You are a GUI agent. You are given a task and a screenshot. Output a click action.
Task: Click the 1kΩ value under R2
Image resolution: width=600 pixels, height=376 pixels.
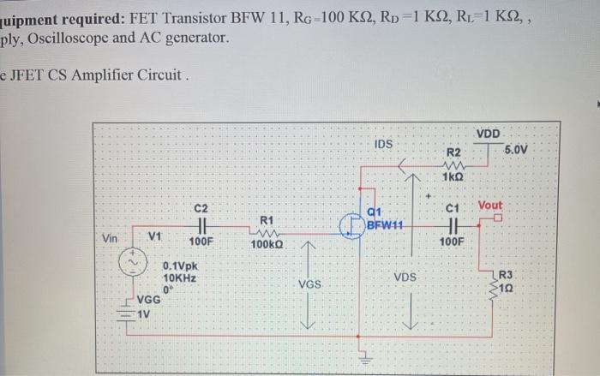(453, 176)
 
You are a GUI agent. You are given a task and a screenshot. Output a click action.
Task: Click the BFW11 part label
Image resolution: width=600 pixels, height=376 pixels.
(385, 225)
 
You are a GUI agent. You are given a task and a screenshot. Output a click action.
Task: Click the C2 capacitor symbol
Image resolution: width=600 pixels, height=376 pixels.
(200, 225)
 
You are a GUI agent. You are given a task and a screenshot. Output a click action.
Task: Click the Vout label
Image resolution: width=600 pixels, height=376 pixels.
(490, 206)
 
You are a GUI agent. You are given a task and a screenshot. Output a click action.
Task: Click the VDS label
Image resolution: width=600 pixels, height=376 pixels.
(405, 278)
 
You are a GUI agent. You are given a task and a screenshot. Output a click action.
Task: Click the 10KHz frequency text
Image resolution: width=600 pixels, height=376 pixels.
(180, 278)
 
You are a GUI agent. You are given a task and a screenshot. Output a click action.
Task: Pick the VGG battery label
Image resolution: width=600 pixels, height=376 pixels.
(149, 299)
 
